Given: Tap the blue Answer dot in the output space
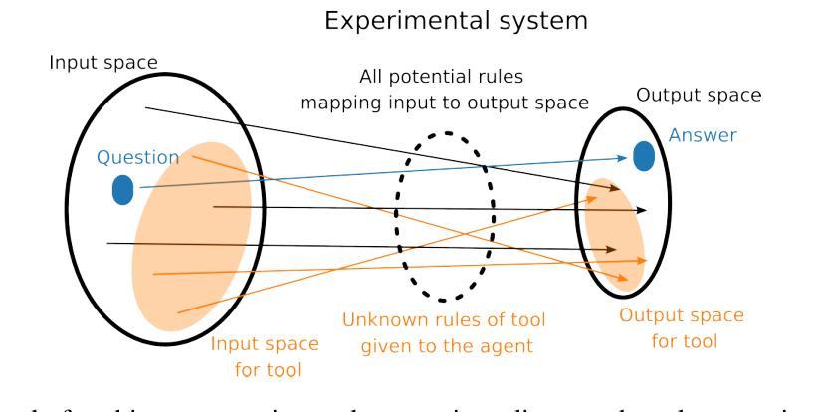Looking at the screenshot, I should (644, 155).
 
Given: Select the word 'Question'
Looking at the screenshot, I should (138, 157).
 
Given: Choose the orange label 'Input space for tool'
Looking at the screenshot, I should (265, 355).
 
